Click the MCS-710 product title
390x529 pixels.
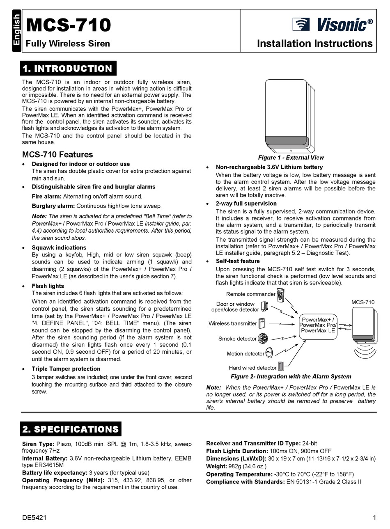tap(68, 25)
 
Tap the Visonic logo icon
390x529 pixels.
tap(301, 25)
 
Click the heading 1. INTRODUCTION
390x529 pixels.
tap(68, 69)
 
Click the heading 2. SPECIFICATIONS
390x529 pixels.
tap(71, 429)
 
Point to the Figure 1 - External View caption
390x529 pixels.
tap(291, 158)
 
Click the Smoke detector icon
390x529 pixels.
tap(263, 339)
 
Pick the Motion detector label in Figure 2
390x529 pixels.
tap(245, 354)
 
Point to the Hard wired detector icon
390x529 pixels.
tap(281, 366)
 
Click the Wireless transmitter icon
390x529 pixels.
tap(262, 323)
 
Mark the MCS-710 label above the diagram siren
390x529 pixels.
tap(363, 302)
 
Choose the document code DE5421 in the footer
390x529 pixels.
tap(34, 518)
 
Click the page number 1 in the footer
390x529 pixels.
tap(374, 518)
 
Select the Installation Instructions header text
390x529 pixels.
tap(314, 44)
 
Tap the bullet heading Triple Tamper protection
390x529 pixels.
tap(66, 369)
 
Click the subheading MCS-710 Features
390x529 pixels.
tap(57, 155)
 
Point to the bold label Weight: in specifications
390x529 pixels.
tap(216, 466)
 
